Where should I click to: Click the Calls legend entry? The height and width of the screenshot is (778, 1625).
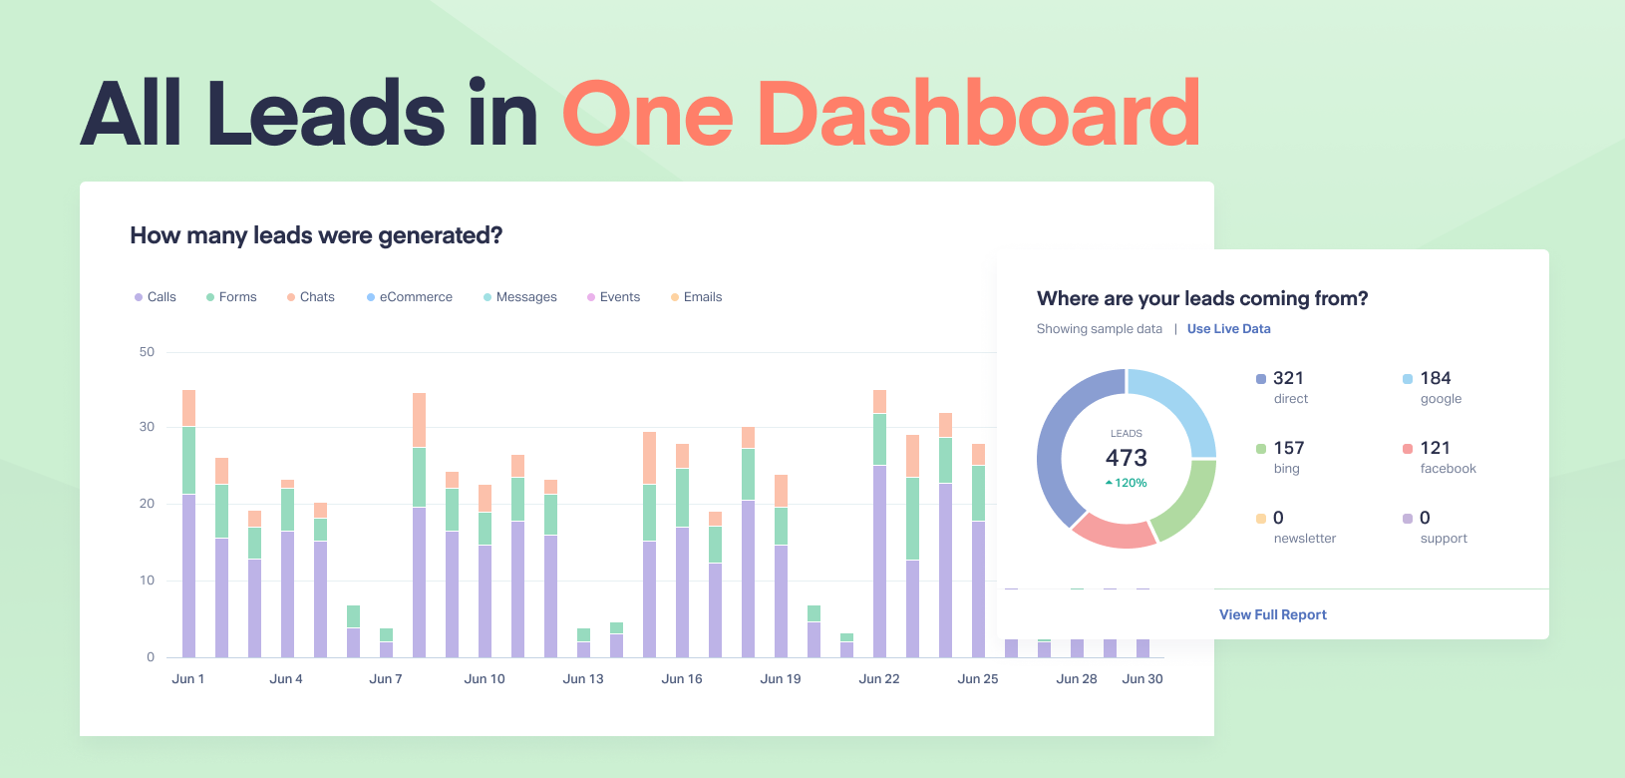tap(156, 297)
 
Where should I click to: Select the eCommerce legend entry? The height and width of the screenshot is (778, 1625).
tap(409, 297)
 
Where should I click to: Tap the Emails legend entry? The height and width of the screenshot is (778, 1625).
tap(697, 297)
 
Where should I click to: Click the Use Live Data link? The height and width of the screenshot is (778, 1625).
tap(1229, 329)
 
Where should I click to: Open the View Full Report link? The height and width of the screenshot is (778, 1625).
tap(1272, 614)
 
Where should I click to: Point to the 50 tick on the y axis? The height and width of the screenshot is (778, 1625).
tap(147, 352)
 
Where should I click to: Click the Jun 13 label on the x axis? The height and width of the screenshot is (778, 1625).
tap(583, 678)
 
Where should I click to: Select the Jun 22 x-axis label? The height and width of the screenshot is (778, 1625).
tap(879, 678)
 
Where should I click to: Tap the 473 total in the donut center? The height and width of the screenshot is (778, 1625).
tap(1126, 457)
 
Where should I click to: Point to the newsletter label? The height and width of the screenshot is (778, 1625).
tap(1304, 539)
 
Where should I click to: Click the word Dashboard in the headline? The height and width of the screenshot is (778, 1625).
tap(982, 115)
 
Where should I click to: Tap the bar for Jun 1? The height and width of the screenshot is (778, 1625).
tap(188, 524)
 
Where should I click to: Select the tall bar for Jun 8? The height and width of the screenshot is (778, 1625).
tap(420, 525)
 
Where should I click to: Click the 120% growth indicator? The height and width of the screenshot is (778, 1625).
tap(1126, 483)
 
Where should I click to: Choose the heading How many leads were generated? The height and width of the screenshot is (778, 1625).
tap(316, 235)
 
